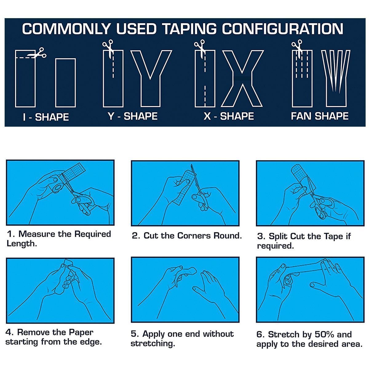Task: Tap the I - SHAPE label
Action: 46,117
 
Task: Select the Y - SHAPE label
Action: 133,116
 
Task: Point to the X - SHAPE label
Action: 229,116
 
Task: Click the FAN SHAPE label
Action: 319,116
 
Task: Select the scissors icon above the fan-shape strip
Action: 297,47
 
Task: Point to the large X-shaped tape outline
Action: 242,78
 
